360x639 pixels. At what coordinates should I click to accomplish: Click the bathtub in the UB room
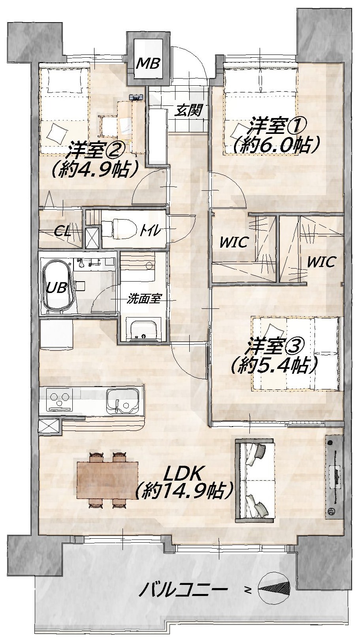coord(58,286)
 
